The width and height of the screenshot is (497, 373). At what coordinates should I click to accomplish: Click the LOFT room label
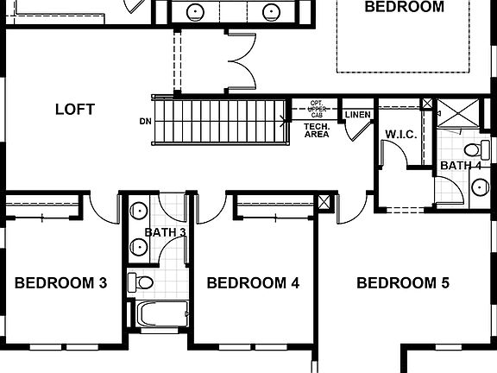(74, 110)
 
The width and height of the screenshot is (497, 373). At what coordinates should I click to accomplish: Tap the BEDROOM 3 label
(60, 282)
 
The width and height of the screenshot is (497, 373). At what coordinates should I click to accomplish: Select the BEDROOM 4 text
(253, 282)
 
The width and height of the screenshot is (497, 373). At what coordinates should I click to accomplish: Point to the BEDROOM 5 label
(403, 282)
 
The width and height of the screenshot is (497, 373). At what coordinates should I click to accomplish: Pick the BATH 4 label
(460, 165)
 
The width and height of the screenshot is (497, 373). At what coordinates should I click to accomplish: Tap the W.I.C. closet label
(401, 135)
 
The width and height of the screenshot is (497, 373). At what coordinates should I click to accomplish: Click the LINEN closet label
(356, 115)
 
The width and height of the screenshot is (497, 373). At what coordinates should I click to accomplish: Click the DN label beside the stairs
(144, 119)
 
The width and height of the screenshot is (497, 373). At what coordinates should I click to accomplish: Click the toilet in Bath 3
(142, 281)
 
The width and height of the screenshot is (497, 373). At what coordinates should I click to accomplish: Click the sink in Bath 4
(479, 186)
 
